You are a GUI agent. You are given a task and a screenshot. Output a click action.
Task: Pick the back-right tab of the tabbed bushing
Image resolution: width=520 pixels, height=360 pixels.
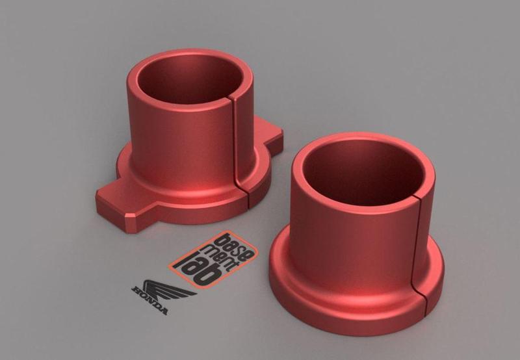click(x=272, y=136)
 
